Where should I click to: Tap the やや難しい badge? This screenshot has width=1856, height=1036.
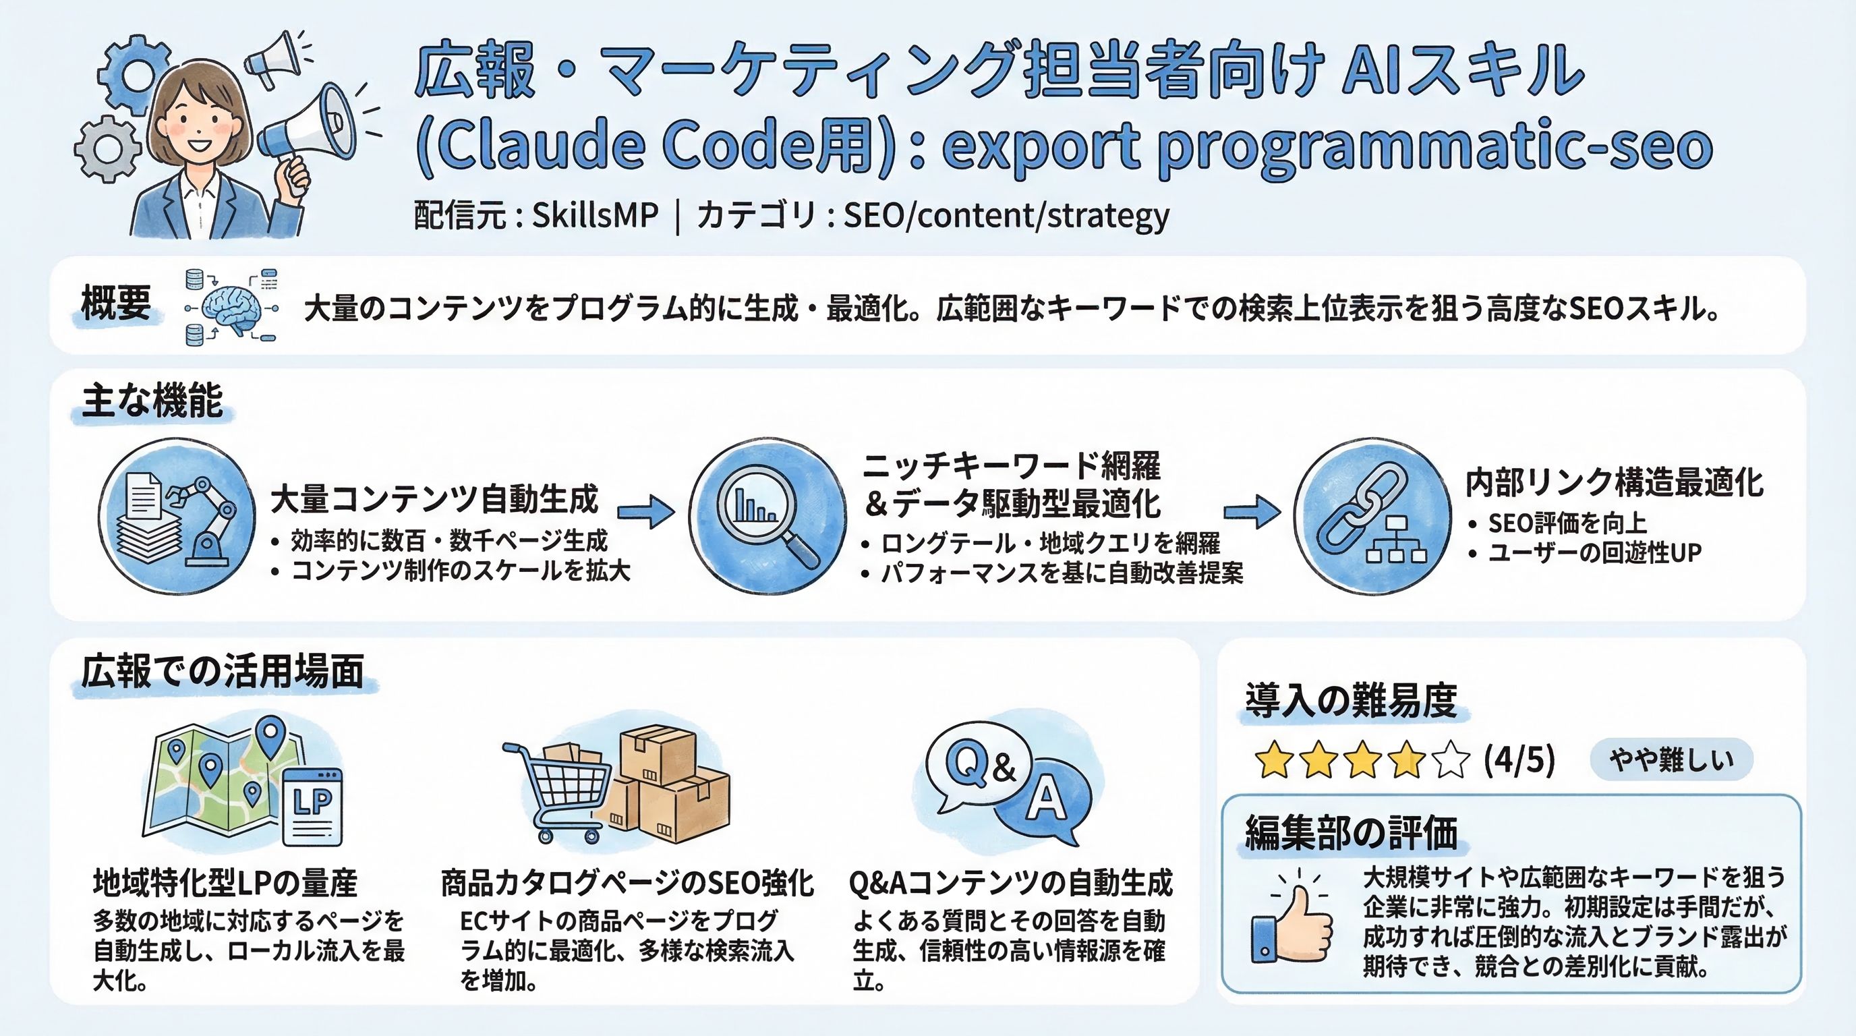pos(1671,759)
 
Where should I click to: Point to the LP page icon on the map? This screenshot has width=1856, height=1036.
pos(313,805)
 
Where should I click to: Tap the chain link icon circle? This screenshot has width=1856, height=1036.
pos(1371,517)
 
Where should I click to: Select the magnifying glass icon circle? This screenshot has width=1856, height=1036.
pos(767,517)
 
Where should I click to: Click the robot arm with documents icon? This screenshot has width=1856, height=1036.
pos(177,517)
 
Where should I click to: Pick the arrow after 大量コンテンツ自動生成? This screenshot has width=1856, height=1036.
pos(645,511)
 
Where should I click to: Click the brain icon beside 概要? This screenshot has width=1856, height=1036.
pos(229,308)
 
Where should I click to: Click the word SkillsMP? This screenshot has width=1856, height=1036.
pos(595,214)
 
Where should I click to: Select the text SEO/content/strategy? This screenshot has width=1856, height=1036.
pos(1006,214)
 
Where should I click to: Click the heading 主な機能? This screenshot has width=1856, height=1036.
pos(152,401)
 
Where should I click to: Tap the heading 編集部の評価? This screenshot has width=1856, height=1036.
pos(1351,832)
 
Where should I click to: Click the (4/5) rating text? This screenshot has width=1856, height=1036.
pos(1519,760)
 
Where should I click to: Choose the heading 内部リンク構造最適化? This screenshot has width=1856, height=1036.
pos(1614,482)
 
